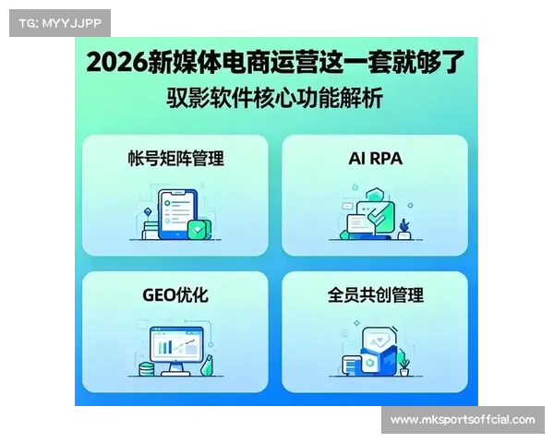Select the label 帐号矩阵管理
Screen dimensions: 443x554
[176, 158]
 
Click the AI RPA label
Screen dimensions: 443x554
[375, 158]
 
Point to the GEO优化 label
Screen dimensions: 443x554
[175, 295]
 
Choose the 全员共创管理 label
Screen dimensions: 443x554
[375, 295]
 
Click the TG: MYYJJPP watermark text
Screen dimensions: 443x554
[59, 22]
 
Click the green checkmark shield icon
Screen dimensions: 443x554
[196, 227]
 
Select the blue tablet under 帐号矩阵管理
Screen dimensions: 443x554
[174, 215]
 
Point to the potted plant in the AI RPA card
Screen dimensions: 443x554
[404, 225]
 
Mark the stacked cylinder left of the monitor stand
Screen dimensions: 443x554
[146, 368]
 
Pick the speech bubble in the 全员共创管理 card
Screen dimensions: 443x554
[350, 365]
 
